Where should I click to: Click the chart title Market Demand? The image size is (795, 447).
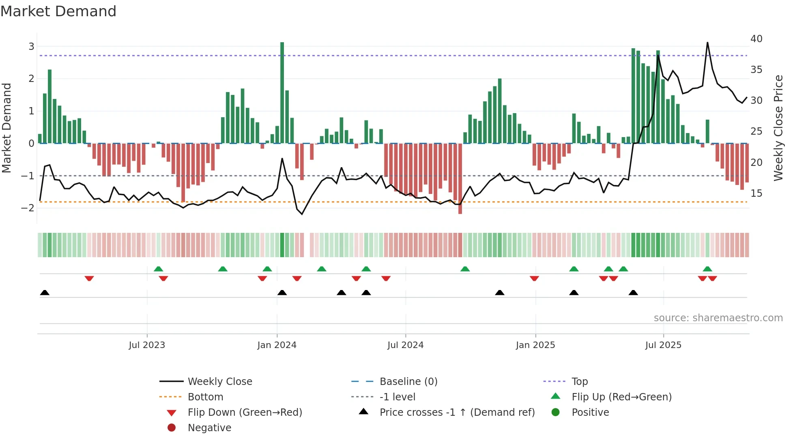click(58, 11)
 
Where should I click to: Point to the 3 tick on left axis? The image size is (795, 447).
click(31, 46)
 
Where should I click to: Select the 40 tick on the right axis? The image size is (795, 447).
click(756, 39)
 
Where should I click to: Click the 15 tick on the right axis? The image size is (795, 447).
click(756, 193)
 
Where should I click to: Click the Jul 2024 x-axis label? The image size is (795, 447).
click(405, 345)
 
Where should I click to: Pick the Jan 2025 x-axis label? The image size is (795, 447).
click(535, 345)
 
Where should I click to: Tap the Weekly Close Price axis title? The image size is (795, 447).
click(778, 128)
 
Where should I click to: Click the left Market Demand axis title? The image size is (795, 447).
click(7, 128)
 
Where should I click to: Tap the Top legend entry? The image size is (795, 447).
click(579, 382)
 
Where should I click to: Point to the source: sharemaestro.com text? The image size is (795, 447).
click(718, 318)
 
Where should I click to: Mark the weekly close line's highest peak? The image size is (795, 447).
click(707, 43)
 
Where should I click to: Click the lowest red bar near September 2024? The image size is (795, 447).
click(460, 178)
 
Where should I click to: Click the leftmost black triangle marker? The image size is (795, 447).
click(45, 292)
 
